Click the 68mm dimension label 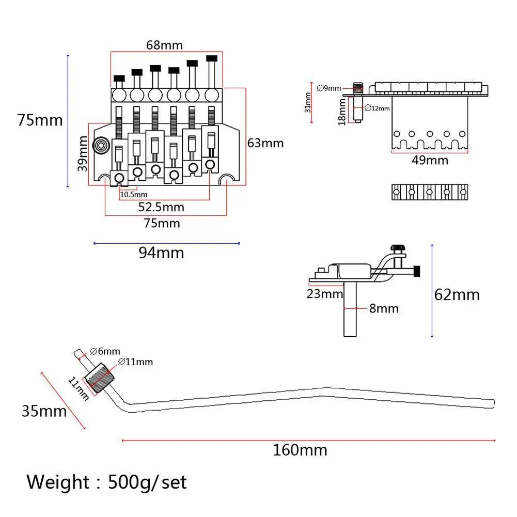point(164,45)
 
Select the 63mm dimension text point(265,143)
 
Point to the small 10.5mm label point(134,195)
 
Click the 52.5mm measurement point(161,207)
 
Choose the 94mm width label point(161,253)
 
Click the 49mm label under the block point(430,160)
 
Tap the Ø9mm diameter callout point(328,88)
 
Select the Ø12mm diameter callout point(377,108)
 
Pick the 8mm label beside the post point(383,309)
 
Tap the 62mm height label point(457,295)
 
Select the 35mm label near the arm point(44,411)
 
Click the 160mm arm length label point(300,450)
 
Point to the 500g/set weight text point(147,482)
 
